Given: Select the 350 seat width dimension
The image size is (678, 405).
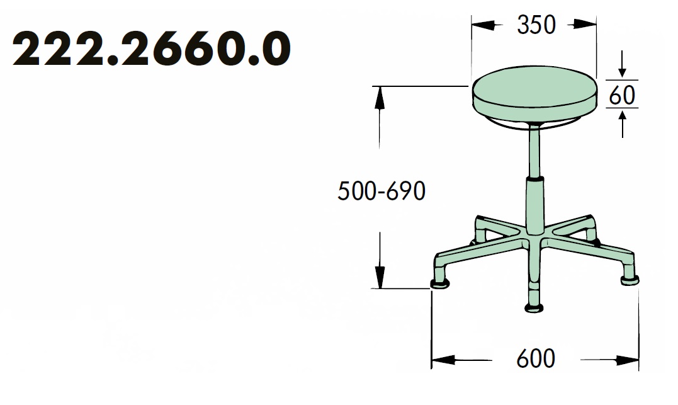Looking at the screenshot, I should pyautogui.click(x=536, y=25).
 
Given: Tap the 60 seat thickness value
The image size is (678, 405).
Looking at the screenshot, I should pyautogui.click(x=622, y=95).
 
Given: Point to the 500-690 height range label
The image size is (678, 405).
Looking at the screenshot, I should pyautogui.click(x=381, y=191).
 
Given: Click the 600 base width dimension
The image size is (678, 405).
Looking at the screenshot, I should pyautogui.click(x=536, y=359).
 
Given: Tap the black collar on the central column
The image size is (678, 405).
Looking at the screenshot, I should pyautogui.click(x=534, y=181).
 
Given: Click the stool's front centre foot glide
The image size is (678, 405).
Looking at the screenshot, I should pyautogui.click(x=534, y=307).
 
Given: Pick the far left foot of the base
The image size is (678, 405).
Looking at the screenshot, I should pyautogui.click(x=440, y=283).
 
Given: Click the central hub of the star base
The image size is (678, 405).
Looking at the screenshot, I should pyautogui.click(x=534, y=238).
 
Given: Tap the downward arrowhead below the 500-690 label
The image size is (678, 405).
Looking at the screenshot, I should pyautogui.click(x=380, y=277).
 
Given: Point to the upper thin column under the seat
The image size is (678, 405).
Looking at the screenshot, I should pyautogui.click(x=534, y=151).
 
